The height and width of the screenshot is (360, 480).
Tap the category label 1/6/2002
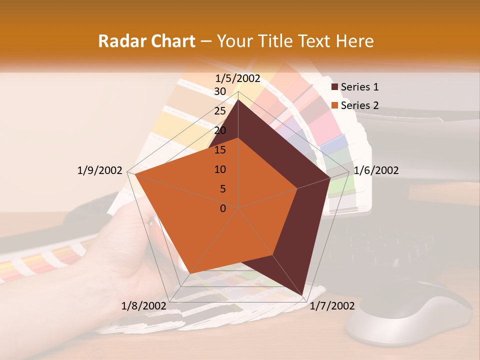click(x=376, y=170)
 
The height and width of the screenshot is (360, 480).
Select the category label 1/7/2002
click(x=332, y=306)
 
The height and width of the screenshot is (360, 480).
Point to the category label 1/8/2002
click(x=143, y=306)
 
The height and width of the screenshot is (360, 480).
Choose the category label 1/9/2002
click(x=99, y=170)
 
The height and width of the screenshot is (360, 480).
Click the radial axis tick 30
click(x=220, y=91)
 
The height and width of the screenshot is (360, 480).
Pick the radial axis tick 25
click(x=220, y=111)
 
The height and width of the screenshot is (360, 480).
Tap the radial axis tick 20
click(x=220, y=130)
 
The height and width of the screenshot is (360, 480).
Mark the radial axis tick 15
click(x=220, y=150)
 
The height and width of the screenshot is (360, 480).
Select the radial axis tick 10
click(x=220, y=169)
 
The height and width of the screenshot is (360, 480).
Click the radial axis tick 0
click(x=223, y=208)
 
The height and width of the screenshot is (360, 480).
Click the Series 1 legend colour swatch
click(x=335, y=87)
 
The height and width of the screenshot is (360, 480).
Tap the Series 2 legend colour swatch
click(x=335, y=105)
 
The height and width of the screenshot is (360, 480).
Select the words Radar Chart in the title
click(x=146, y=41)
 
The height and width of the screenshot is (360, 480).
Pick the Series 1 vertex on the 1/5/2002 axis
click(x=238, y=99)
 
